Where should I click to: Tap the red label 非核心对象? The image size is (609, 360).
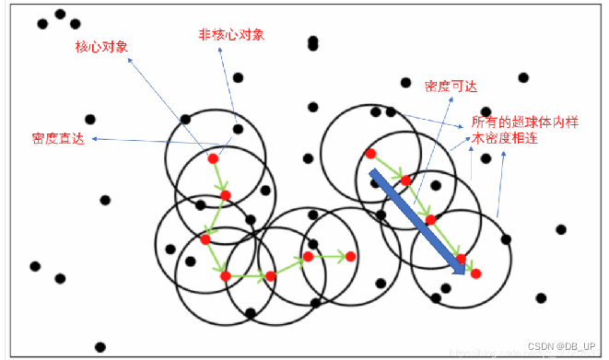[231, 34]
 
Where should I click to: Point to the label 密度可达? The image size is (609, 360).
[451, 86]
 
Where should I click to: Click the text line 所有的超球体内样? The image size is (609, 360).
[524, 122]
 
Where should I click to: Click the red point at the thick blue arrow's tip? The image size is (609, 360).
[475, 273]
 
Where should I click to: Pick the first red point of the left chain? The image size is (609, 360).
[213, 158]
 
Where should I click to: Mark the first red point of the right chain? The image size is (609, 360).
[370, 154]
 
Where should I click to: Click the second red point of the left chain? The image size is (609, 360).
[226, 194]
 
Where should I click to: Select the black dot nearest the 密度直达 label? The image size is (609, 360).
[89, 119]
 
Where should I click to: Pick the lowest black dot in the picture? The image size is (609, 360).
[100, 347]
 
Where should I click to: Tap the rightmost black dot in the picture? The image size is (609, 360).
[561, 229]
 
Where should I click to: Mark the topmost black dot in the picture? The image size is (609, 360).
[60, 14]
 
